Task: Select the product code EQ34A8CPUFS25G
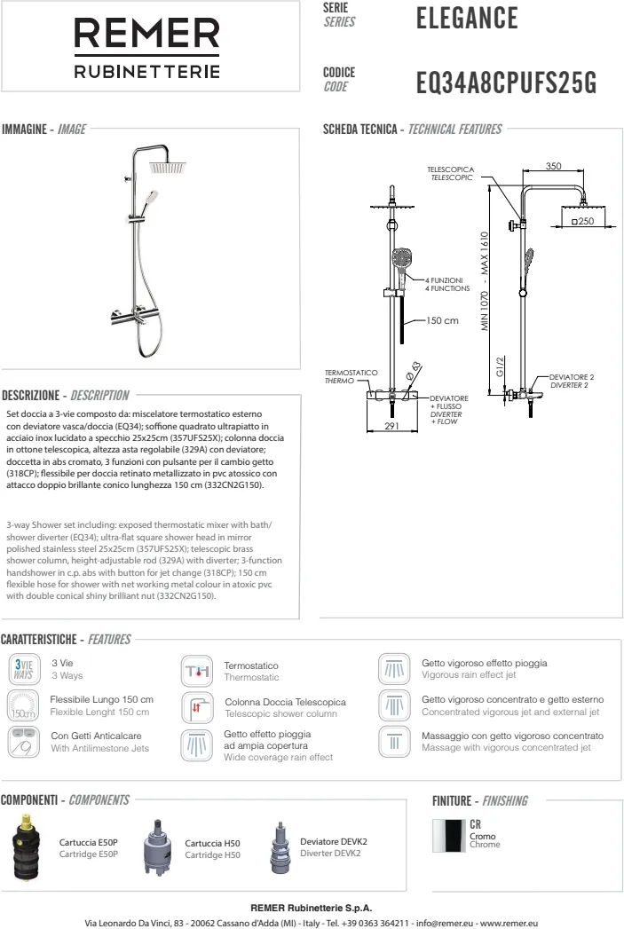[506, 83]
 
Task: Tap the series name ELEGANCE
[466, 17]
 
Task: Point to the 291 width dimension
[393, 426]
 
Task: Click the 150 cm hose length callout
[442, 320]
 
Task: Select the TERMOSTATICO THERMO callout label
[351, 376]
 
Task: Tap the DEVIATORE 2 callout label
[572, 382]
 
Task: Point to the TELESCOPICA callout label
[451, 173]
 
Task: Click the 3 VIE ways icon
[23, 668]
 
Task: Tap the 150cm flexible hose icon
[23, 706]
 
